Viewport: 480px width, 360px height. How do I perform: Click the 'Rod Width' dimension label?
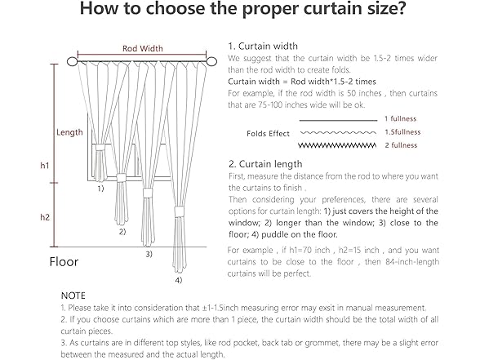143,48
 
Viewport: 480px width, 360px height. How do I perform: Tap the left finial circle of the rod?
72,61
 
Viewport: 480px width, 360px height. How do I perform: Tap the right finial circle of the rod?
211,61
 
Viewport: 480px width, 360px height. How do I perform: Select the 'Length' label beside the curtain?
69,132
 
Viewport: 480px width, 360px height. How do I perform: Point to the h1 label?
45,166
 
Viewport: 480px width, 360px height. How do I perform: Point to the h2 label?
45,217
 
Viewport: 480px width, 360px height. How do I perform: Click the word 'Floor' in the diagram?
64,262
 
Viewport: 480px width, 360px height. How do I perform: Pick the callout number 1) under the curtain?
100,189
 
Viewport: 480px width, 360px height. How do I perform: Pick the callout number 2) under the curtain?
122,232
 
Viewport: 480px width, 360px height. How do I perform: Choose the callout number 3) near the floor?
149,254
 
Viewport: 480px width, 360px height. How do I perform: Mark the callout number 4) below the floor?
179,280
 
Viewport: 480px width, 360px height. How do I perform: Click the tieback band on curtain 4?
179,212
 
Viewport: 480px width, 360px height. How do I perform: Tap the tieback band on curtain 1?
100,148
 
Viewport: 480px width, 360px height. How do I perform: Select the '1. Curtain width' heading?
263,47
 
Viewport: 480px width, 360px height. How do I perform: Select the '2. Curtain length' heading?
265,164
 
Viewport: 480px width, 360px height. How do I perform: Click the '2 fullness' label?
401,145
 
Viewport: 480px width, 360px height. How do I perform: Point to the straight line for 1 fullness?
338,121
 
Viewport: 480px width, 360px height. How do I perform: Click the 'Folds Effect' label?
268,134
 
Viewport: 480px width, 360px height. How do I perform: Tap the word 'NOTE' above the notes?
73,296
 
